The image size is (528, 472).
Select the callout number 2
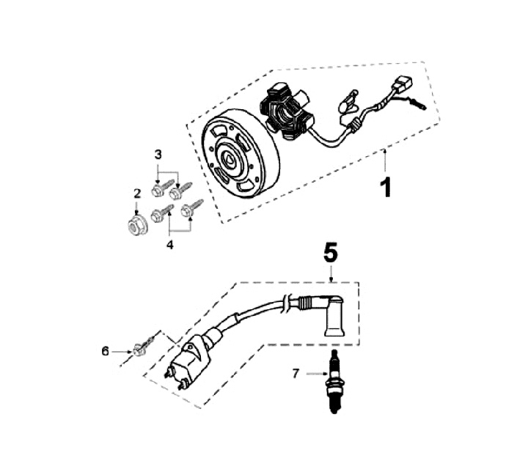[x=136, y=193]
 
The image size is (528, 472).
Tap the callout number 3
[x=158, y=155]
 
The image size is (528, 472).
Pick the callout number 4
[x=169, y=245]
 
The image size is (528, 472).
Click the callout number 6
[x=105, y=352]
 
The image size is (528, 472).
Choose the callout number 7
[x=296, y=374]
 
